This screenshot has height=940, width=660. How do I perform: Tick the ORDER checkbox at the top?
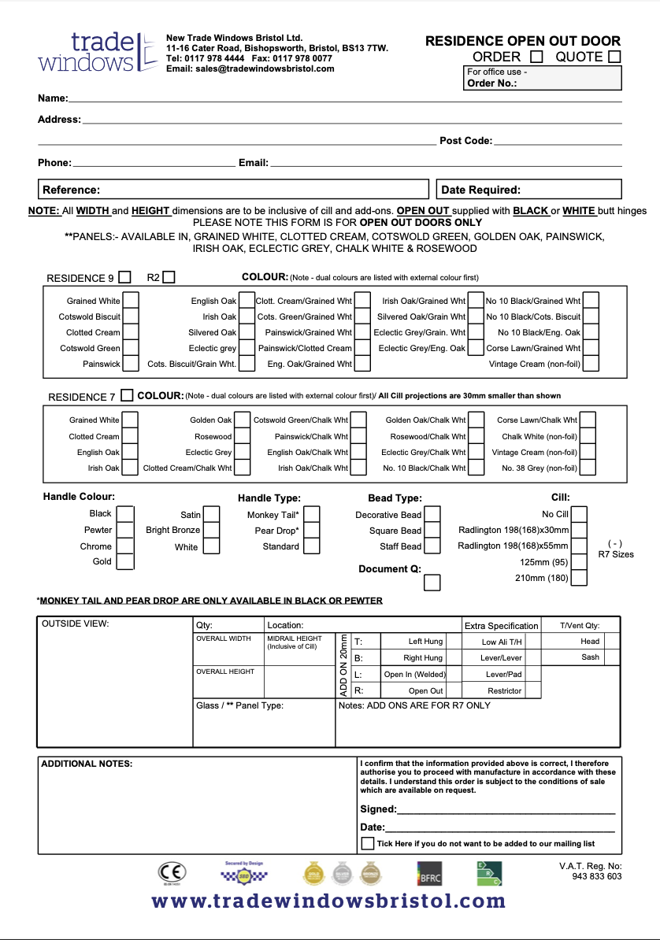(x=536, y=57)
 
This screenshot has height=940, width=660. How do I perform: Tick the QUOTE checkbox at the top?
(x=614, y=57)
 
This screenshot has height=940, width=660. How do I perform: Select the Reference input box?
(x=234, y=190)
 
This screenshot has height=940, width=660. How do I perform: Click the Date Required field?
(x=528, y=190)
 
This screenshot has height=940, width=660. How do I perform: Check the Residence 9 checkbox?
(x=124, y=277)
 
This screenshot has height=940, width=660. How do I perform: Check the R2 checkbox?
(x=169, y=277)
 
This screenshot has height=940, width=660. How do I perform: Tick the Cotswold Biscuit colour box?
(x=132, y=316)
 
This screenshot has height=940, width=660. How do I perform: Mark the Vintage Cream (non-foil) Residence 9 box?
(x=590, y=364)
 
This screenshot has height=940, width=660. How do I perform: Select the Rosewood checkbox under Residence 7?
(x=243, y=436)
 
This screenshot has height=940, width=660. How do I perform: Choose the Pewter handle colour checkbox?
(x=125, y=530)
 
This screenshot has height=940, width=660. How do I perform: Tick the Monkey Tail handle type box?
(x=312, y=514)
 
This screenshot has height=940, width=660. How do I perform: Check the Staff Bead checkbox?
(x=432, y=546)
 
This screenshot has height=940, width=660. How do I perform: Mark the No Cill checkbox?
(x=579, y=514)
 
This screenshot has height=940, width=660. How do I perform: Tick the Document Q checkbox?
(x=432, y=583)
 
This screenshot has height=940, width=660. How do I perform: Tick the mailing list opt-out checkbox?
(x=368, y=843)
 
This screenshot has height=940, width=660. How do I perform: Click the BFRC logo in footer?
(x=429, y=873)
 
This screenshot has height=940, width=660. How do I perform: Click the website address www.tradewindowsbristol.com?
(x=329, y=901)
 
